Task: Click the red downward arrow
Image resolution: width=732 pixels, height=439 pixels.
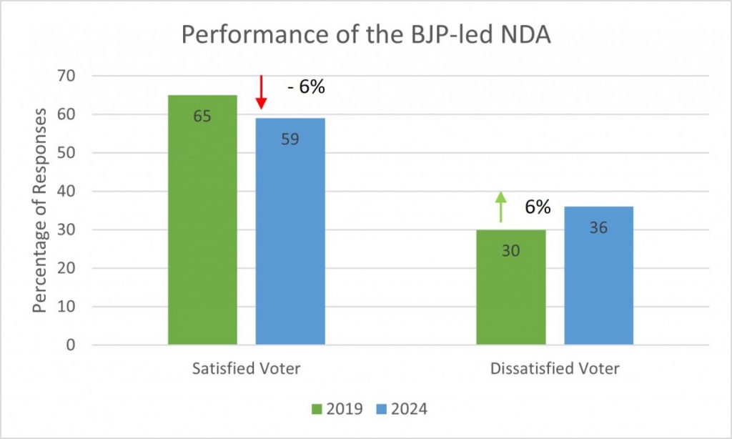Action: (x=261, y=92)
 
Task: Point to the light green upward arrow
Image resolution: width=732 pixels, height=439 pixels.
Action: (x=501, y=207)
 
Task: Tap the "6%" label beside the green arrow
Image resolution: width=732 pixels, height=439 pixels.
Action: (x=537, y=207)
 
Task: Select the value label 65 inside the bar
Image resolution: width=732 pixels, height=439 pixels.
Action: (x=202, y=115)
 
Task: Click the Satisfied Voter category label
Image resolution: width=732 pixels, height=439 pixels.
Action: (x=246, y=369)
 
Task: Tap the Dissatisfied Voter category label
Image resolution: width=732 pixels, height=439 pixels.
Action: (x=555, y=369)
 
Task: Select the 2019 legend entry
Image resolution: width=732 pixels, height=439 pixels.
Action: (x=337, y=409)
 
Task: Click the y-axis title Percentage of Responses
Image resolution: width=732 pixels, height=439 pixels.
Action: (x=41, y=210)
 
